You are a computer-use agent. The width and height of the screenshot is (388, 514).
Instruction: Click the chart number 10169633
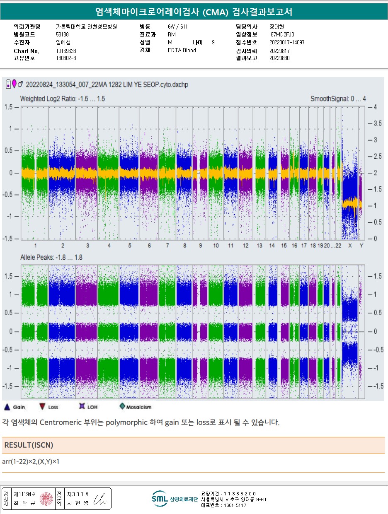pos(66,51)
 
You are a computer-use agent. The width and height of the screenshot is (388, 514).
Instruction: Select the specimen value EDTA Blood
pos(182,51)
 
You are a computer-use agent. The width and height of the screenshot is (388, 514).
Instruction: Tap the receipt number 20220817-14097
pos(287,42)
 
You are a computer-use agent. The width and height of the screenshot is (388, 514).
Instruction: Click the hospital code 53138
pos(62,34)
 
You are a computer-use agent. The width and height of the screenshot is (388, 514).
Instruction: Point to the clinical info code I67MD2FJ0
pos(282,34)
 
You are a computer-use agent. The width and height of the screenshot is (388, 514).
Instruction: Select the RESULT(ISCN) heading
pos(29,445)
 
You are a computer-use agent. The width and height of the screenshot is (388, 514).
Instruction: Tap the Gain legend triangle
pos(7,407)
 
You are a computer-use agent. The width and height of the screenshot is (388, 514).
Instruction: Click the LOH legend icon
pos(82,407)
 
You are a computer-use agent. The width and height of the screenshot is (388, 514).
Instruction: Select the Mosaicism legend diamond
pos(122,407)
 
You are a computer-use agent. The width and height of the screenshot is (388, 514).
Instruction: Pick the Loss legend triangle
pos(42,407)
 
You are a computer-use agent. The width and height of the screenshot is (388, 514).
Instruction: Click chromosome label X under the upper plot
pos(350,246)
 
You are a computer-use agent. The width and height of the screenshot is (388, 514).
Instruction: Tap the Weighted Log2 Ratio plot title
pos(62,99)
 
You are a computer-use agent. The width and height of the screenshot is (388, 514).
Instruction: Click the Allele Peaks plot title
pos(51,258)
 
